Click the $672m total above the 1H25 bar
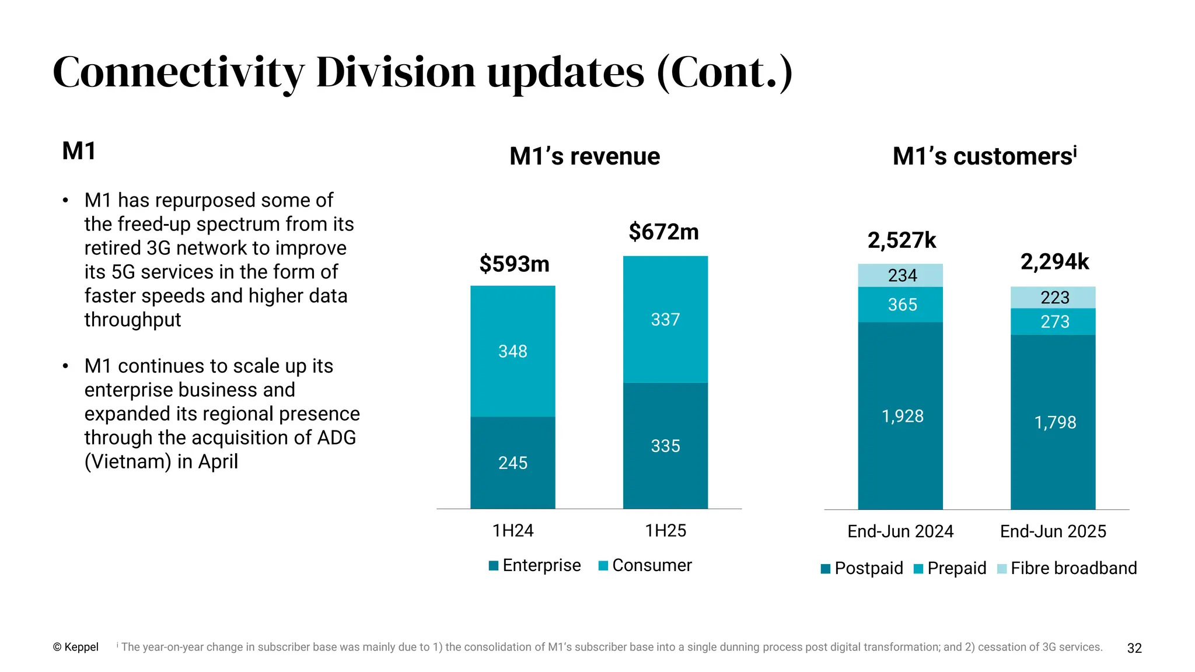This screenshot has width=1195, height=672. pos(663,232)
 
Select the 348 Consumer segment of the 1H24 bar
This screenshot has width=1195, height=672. pos(513,351)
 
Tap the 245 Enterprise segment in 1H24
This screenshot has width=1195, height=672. pos(513,463)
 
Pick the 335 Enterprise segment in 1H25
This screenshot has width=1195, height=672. pos(665,446)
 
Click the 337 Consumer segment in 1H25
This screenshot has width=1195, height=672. pos(665,320)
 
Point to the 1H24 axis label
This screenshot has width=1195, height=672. pos(513,530)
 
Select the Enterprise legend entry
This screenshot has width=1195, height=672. pos(535,565)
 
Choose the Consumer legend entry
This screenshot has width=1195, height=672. pos(645,565)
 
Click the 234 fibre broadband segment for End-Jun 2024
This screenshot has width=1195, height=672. pos(902,275)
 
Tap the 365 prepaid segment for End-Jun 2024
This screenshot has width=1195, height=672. pos(902,304)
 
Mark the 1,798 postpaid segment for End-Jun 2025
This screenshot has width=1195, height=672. pos(1054,422)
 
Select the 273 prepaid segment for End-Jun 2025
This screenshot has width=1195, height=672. pos(1054,321)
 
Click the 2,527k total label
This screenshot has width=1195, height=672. pos(902,240)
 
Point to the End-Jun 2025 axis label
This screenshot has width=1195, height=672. pos(1053,531)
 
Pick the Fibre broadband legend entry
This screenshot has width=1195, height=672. pos(1067,568)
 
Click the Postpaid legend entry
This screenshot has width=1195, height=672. pos(862,568)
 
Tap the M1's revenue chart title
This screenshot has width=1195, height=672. pos(585,156)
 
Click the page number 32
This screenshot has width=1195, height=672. pos(1134,648)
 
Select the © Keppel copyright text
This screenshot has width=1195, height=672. pos(76,647)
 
